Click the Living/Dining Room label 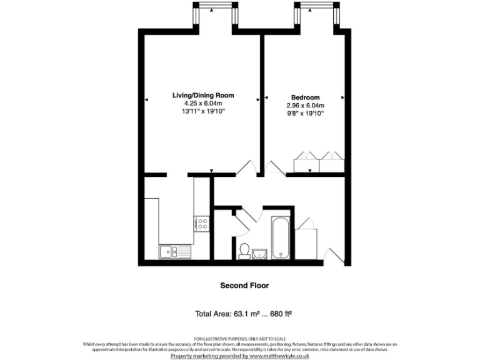203,96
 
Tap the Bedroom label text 305,97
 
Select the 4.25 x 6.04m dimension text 203,103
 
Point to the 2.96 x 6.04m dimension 305,106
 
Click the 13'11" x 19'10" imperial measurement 203,111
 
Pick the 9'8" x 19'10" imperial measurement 305,114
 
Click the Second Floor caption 244,286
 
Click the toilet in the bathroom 244,250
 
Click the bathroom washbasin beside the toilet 261,252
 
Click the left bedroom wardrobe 306,162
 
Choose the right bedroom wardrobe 331,162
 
